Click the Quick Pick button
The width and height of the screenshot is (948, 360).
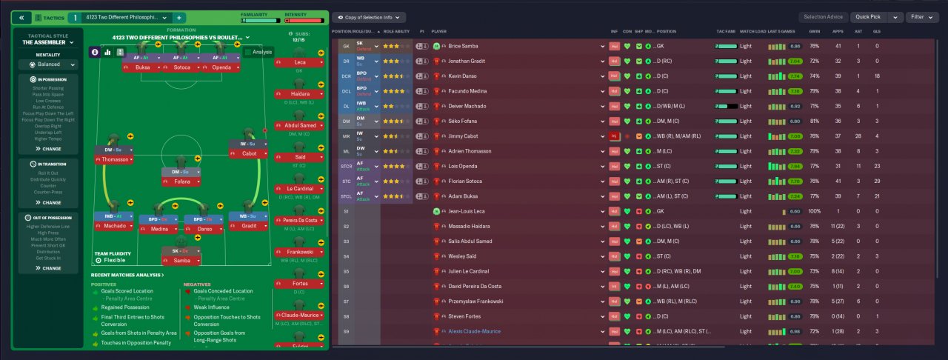click(x=866, y=17)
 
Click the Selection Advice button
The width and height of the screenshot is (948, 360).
click(x=824, y=17)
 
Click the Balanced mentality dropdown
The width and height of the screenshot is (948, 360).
click(x=50, y=65)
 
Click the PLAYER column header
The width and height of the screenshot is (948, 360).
click(x=439, y=32)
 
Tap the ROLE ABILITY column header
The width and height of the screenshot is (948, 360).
click(x=397, y=32)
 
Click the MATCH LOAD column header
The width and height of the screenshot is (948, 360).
click(x=752, y=32)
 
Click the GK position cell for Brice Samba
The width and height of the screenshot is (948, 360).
click(x=346, y=46)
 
